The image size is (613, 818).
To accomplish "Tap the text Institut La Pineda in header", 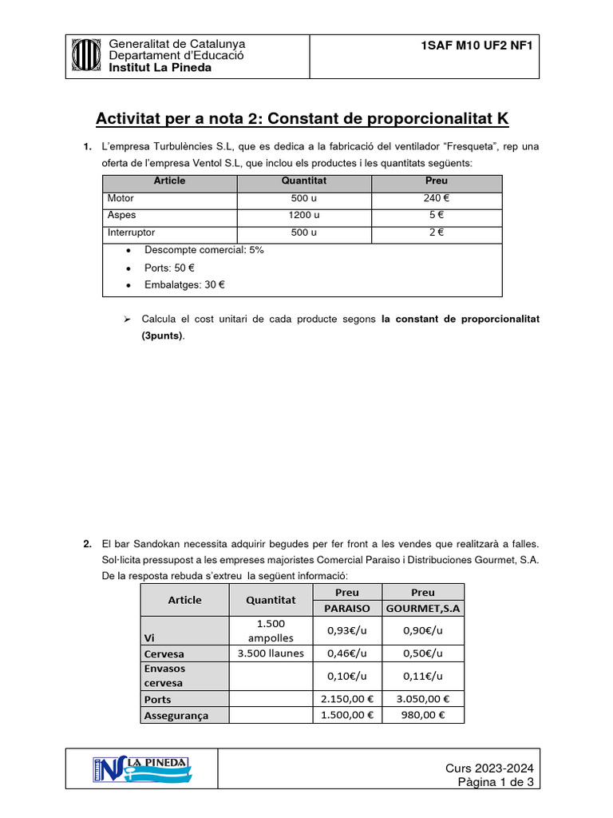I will click(x=160, y=68).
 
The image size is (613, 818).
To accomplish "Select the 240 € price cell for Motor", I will click(x=437, y=198).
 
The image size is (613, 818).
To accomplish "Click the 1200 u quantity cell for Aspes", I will click(x=303, y=216).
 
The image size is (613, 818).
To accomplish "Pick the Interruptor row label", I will click(x=131, y=233).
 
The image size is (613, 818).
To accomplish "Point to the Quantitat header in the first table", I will click(x=303, y=181).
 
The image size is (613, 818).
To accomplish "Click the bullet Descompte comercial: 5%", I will click(x=204, y=250).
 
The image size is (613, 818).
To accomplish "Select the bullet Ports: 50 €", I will click(x=169, y=268).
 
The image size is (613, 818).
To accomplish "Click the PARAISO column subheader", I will click(x=347, y=609).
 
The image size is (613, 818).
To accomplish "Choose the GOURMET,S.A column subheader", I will click(x=423, y=609).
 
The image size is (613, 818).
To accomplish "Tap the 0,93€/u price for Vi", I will click(x=347, y=630).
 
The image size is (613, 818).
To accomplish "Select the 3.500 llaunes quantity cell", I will click(x=271, y=653).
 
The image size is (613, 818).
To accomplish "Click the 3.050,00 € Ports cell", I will click(x=423, y=699).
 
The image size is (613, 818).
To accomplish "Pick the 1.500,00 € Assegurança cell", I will click(x=347, y=716).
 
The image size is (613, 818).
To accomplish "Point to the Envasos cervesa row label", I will click(x=164, y=676).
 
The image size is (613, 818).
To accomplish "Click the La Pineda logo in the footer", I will click(x=141, y=770).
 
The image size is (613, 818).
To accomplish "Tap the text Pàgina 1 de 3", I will click(x=495, y=783).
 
